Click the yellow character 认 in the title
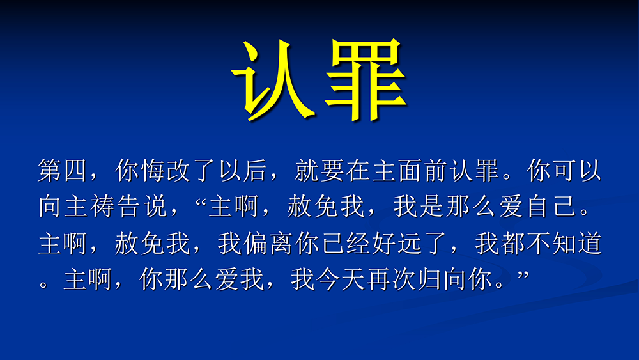(272, 80)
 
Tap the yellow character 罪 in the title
(366, 80)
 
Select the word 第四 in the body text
(63, 170)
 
